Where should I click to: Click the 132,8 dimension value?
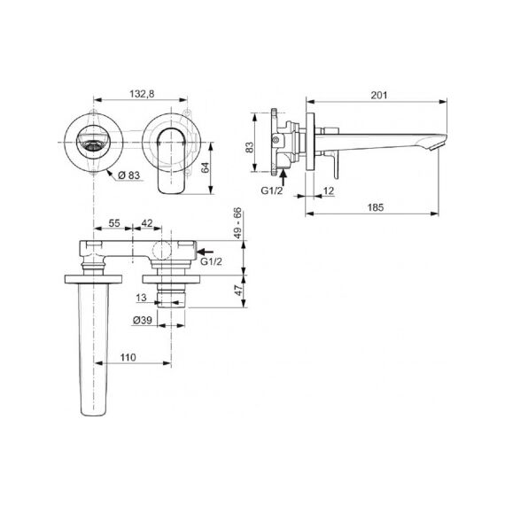(x=142, y=94)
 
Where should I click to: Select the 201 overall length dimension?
(x=379, y=96)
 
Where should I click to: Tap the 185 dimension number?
(x=376, y=207)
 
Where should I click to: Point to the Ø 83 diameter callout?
(x=128, y=175)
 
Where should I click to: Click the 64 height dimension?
(x=206, y=167)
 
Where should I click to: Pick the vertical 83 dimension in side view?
(x=250, y=147)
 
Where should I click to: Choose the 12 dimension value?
(x=329, y=191)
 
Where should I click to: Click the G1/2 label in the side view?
(x=271, y=190)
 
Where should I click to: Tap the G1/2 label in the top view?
(x=211, y=261)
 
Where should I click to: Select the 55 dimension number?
(x=114, y=223)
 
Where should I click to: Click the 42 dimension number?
(x=147, y=223)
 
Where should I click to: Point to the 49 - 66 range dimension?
(x=237, y=223)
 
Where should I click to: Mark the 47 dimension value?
(x=238, y=291)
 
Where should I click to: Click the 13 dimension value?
(x=141, y=298)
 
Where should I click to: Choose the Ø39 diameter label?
(x=143, y=320)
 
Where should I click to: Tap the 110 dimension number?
(x=128, y=357)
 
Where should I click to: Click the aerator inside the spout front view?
(x=93, y=145)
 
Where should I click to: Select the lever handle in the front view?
(x=171, y=160)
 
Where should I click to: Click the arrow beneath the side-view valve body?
(x=284, y=177)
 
